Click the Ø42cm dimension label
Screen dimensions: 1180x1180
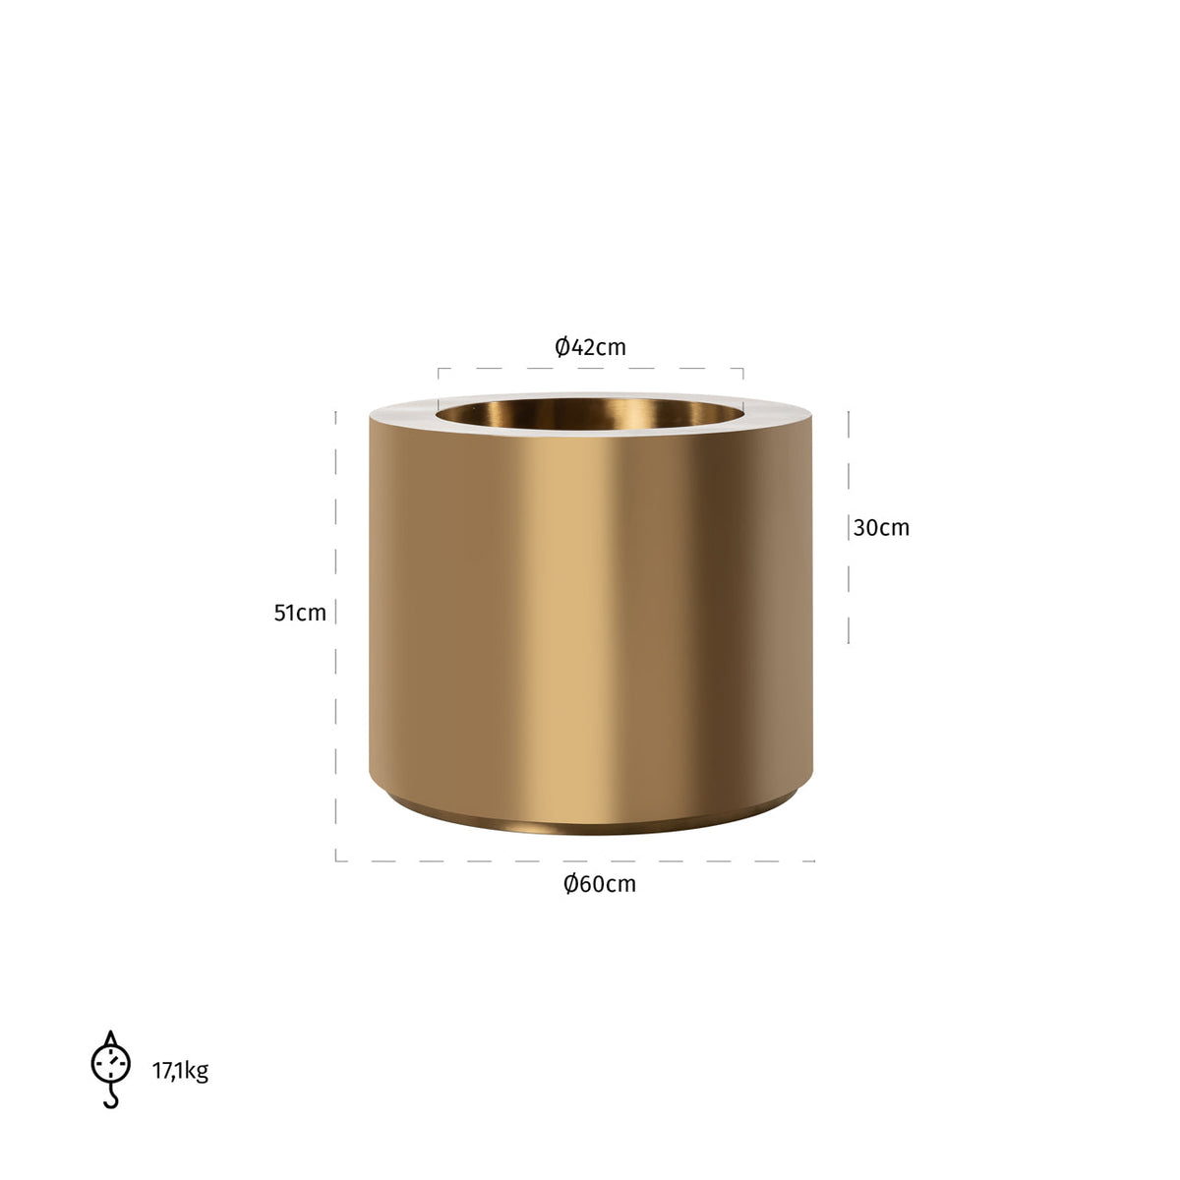click(x=590, y=347)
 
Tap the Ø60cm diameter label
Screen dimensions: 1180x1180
click(x=600, y=884)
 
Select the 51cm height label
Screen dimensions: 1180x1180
click(x=300, y=613)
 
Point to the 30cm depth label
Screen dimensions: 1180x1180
click(x=881, y=528)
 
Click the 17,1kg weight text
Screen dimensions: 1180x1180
click(x=180, y=1071)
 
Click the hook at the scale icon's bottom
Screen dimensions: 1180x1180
click(x=110, y=1098)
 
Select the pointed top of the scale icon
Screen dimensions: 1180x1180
click(x=110, y=1036)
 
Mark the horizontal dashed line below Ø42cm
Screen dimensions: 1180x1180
click(x=590, y=369)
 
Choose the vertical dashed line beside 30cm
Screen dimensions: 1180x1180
click(x=849, y=590)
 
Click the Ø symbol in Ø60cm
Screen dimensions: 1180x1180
click(x=570, y=884)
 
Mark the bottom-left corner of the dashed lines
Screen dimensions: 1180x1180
click(x=336, y=861)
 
